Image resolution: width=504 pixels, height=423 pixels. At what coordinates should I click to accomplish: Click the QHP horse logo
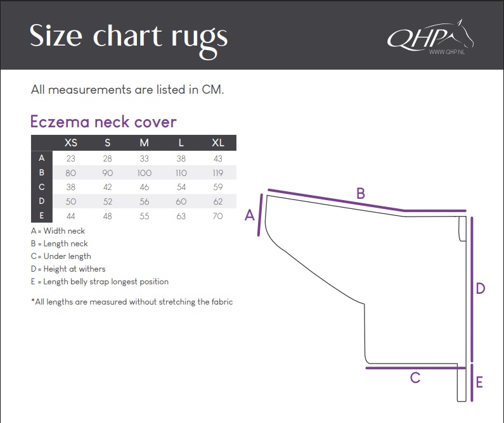click(430, 37)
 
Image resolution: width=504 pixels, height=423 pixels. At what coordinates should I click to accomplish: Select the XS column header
click(71, 143)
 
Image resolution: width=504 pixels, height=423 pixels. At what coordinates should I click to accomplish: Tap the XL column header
click(217, 143)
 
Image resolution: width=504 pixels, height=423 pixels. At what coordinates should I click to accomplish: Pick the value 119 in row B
click(217, 173)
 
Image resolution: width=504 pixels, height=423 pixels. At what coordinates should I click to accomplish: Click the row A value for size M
click(145, 158)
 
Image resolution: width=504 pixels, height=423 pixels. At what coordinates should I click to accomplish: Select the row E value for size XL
click(217, 216)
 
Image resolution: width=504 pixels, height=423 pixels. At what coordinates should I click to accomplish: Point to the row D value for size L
click(181, 201)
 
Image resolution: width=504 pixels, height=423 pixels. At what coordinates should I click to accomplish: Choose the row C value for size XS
click(71, 187)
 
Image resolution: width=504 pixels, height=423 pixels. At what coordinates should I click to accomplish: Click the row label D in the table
click(42, 201)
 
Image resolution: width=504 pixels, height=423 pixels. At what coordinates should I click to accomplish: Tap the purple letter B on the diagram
click(361, 194)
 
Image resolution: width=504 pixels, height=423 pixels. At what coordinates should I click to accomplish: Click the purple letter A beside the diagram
click(249, 215)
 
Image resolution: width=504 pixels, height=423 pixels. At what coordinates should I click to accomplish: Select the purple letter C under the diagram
click(415, 378)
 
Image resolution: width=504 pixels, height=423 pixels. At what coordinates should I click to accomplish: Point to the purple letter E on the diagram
click(479, 382)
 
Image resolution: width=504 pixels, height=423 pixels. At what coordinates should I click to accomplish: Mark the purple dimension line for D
click(472, 289)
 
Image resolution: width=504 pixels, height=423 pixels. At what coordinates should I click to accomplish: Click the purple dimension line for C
click(416, 368)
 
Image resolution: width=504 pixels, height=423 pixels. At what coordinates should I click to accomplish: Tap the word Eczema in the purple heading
click(60, 122)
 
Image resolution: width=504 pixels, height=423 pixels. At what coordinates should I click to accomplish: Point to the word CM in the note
click(212, 89)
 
